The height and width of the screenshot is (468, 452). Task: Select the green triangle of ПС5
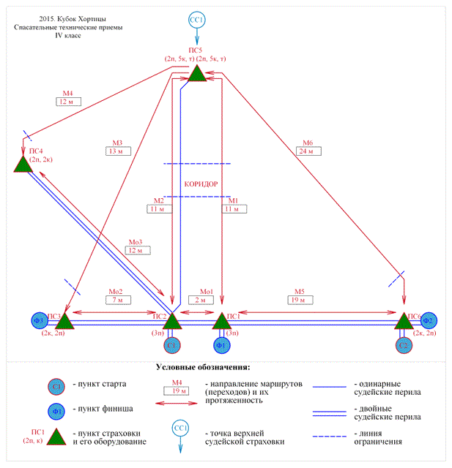pos(196,72)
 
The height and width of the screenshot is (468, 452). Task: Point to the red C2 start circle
pos(404,343)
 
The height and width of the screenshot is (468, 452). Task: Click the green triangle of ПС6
pos(404,320)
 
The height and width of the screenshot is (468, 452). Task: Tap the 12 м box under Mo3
pos(137,250)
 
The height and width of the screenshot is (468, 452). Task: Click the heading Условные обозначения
pos(204,366)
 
